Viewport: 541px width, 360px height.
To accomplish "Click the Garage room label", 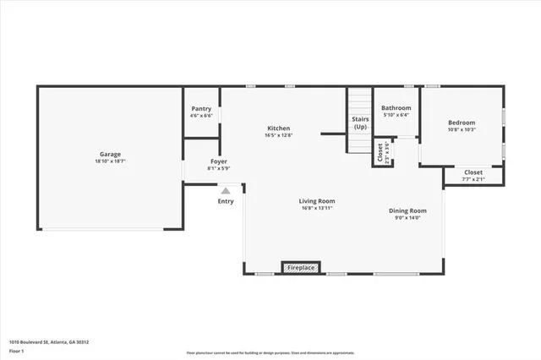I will coord(110,154).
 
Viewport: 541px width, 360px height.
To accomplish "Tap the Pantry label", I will coord(201,108).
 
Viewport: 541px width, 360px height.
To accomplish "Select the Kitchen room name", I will coord(279,128).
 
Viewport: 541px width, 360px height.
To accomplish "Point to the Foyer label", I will coord(218,161).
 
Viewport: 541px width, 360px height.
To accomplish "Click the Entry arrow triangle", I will coord(226,191).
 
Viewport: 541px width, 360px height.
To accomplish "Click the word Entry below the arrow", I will coord(226,201).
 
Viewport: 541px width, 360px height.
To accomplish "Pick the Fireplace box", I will coord(301,268).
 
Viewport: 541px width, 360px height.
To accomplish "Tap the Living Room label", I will coord(317,201).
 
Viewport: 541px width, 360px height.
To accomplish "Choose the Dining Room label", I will coord(407,210).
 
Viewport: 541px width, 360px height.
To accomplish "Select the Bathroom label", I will coord(396,108).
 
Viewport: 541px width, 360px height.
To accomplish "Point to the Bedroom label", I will coord(462,123).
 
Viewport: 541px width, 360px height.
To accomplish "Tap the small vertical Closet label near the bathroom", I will coord(380,153).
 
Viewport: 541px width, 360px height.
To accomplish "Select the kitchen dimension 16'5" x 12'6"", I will coord(279,135).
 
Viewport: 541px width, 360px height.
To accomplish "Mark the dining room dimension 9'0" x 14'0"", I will coord(407,217).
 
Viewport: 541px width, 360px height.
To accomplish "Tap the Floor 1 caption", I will coord(16,350).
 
